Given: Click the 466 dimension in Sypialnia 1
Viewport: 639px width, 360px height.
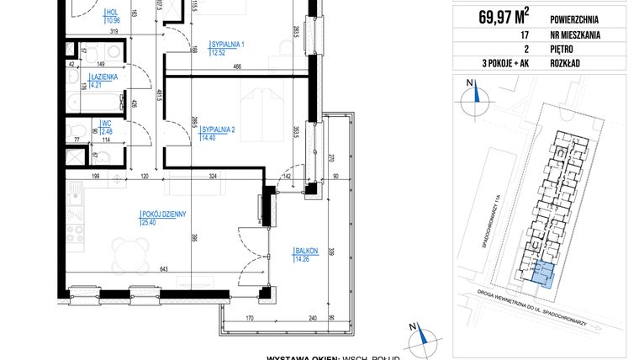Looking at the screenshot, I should [x=238, y=66].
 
